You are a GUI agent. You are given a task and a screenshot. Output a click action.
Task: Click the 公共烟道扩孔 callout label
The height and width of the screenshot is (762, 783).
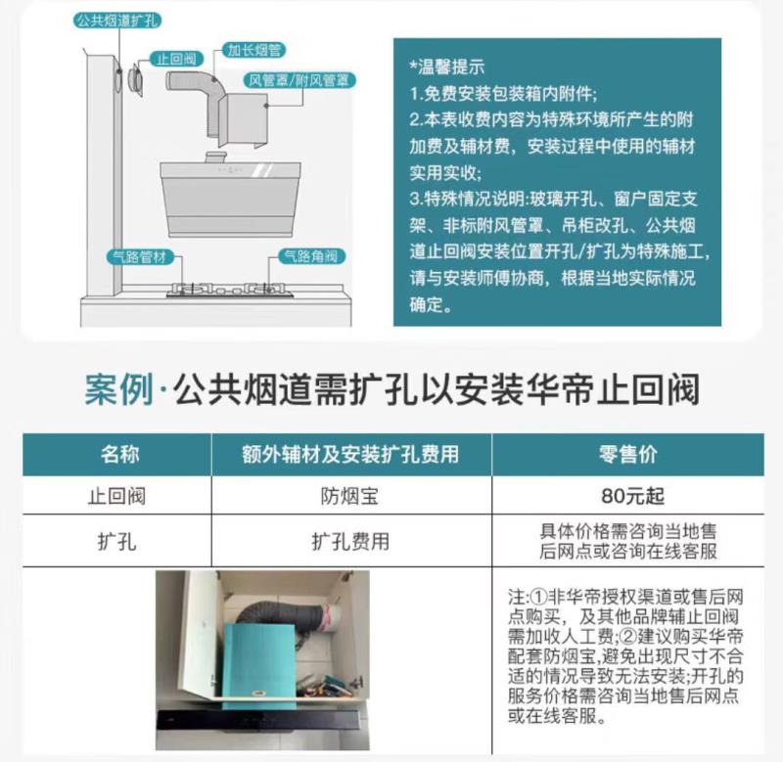pos(117,21)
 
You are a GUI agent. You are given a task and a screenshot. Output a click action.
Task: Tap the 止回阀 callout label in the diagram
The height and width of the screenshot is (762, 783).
pos(177,59)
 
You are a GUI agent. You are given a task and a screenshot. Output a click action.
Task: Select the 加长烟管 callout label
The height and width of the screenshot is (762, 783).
pos(254,50)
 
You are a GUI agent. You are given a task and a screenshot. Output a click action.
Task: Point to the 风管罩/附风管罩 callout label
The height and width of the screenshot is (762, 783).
pos(299,80)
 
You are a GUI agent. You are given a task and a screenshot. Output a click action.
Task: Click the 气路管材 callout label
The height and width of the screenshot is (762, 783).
pos(140,257)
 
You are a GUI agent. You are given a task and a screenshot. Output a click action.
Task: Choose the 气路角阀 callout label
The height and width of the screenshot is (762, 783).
pos(311,256)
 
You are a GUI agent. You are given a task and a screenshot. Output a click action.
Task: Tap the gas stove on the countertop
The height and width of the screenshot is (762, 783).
pos(230,290)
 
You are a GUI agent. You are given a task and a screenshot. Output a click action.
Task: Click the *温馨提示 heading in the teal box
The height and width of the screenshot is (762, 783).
pos(447,67)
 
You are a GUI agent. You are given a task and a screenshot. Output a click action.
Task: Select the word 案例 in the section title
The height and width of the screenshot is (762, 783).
pos(118,389)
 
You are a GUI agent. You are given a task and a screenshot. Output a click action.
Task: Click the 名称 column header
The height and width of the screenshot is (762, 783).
pos(119,454)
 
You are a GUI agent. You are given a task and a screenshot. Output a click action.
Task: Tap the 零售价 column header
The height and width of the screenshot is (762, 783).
pos(627,454)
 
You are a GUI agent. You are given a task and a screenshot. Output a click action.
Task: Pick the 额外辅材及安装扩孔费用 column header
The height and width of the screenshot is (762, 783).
pos(350,454)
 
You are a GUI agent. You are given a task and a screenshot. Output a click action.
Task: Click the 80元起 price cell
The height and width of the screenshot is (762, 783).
pos(632,496)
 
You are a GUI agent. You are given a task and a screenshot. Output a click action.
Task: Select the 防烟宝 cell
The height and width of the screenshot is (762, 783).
pos(349,496)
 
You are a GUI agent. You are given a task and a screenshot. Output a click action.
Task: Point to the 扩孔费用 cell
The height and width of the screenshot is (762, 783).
pos(350,542)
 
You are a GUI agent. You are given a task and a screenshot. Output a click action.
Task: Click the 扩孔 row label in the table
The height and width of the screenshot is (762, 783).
pos(116,542)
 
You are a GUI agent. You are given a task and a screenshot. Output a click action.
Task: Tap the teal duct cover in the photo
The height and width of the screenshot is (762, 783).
pos(258,665)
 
